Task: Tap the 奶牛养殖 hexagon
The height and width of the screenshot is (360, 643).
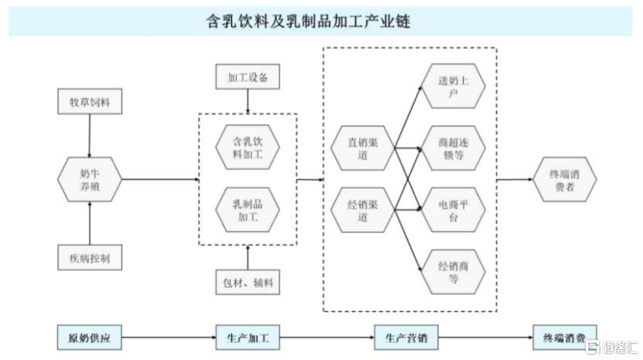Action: [x=90, y=179]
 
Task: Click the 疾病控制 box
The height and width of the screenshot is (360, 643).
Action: [x=90, y=258]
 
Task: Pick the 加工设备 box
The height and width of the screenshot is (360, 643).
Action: [x=248, y=79]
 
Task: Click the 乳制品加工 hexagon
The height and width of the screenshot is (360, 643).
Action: [x=248, y=210]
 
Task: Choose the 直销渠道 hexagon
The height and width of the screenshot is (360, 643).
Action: [x=361, y=148]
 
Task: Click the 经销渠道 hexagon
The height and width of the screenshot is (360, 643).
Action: [x=361, y=210]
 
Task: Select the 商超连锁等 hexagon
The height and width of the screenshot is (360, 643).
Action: [x=453, y=148]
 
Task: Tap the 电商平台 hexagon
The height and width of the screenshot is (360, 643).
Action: [x=453, y=210]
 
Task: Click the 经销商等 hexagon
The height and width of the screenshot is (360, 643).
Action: [x=453, y=272]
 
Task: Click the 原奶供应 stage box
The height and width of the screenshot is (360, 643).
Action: [x=90, y=338]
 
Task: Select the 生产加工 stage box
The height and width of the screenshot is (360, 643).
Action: [x=248, y=338]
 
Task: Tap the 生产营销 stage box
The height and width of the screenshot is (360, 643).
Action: [x=406, y=338]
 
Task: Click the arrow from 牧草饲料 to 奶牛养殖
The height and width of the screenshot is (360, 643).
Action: [x=90, y=135]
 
